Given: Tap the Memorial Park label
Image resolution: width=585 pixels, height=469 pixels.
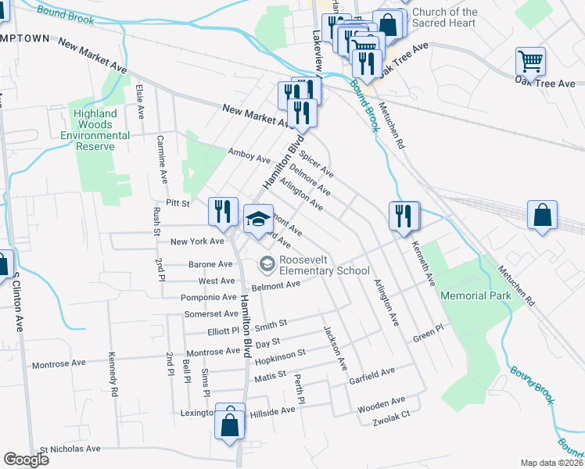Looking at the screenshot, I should pos(476,295).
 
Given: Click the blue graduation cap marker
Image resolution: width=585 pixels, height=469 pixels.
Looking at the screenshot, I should pos(257,219).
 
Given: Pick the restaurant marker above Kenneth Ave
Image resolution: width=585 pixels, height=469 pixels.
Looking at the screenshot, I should pos(404,215).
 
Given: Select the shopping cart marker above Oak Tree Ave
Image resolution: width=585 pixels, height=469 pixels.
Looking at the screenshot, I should pos(531,62).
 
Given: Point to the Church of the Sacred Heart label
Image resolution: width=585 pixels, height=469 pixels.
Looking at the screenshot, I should pos(444,17).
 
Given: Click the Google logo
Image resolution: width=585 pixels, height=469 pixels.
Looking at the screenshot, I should pos(26,460).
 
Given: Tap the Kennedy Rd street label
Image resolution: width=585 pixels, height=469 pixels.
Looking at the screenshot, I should pos(113,381).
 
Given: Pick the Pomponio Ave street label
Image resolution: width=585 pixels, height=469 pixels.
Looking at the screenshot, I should pos(208,297).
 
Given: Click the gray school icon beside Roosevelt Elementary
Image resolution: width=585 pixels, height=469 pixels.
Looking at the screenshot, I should pos(267,266).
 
